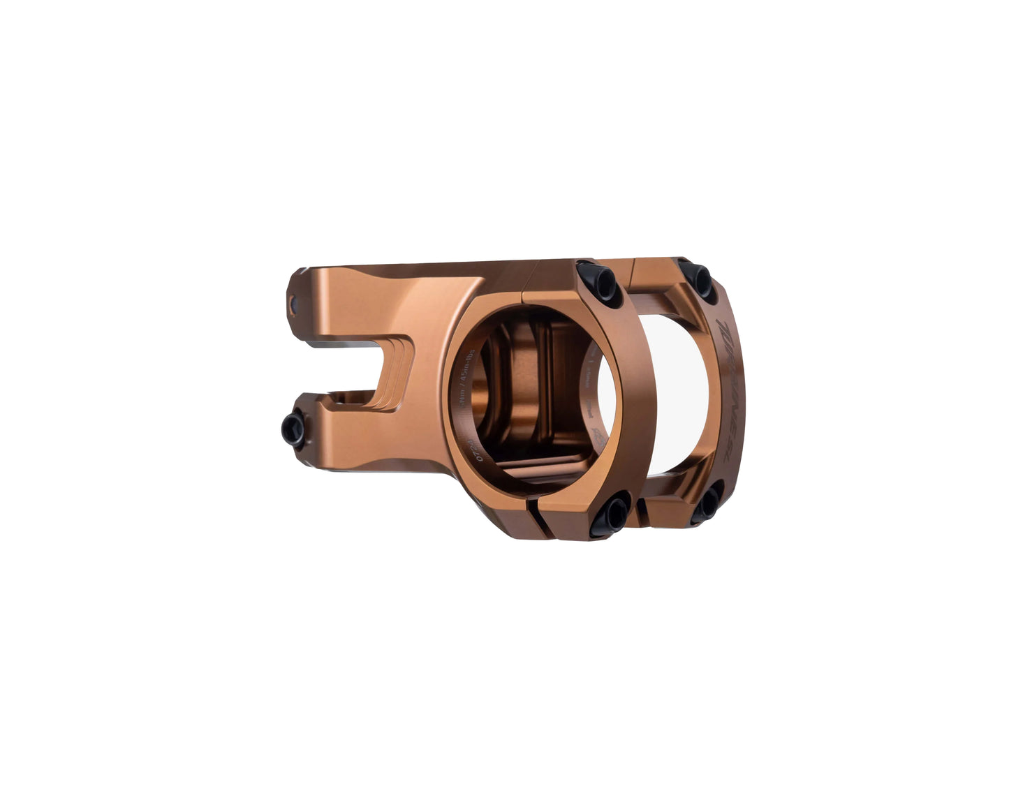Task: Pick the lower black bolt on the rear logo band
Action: [706, 504]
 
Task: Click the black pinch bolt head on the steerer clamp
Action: [294, 429]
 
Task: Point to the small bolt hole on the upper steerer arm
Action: [293, 302]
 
